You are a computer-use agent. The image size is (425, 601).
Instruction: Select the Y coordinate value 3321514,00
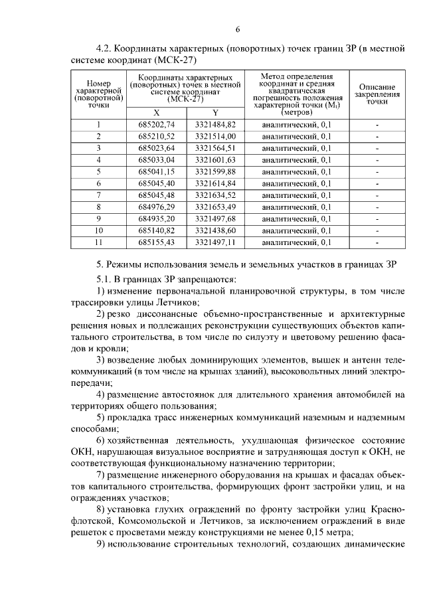pos(215,136)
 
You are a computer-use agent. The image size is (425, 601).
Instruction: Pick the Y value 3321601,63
pos(215,159)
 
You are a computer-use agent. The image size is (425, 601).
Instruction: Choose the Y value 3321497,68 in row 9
pos(215,218)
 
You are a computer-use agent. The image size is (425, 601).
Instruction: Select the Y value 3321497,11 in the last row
pos(215,242)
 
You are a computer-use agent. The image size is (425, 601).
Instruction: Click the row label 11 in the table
pos(98,242)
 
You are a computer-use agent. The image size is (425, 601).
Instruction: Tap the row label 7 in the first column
pos(98,195)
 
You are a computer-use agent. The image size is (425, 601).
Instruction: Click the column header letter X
pos(156,112)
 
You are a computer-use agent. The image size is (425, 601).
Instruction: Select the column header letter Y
pos(215,112)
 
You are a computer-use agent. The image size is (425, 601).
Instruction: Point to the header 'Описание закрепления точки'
pos(377,94)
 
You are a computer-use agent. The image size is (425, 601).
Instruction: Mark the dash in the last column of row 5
pos(377,171)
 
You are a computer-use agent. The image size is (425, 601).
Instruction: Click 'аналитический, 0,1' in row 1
pos(297,124)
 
